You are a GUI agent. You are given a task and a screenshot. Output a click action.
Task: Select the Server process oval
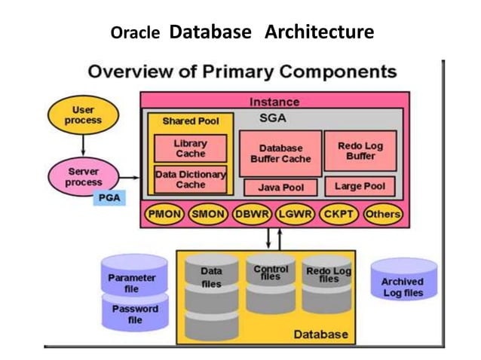point(83,177)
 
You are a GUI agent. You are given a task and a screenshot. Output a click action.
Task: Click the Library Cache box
point(190,148)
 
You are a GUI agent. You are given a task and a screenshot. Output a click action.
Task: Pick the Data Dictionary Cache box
point(190,179)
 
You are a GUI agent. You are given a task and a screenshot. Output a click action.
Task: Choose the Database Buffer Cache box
point(280,154)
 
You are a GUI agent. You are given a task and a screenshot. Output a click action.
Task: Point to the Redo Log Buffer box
point(360,151)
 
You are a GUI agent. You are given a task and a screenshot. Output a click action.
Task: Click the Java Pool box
point(280,187)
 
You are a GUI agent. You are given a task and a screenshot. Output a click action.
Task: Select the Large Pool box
point(360,186)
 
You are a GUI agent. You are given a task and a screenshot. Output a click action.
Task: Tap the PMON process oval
point(164,215)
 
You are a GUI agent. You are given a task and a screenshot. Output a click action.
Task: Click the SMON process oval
point(208,215)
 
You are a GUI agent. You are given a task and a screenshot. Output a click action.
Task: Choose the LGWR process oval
point(296,215)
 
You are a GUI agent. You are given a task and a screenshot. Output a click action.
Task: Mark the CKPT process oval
point(339,215)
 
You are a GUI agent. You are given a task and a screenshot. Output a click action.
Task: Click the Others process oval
point(382,215)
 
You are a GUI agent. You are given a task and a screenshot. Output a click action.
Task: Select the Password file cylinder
point(135,313)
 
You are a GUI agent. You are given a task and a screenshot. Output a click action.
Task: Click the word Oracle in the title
point(136,34)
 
